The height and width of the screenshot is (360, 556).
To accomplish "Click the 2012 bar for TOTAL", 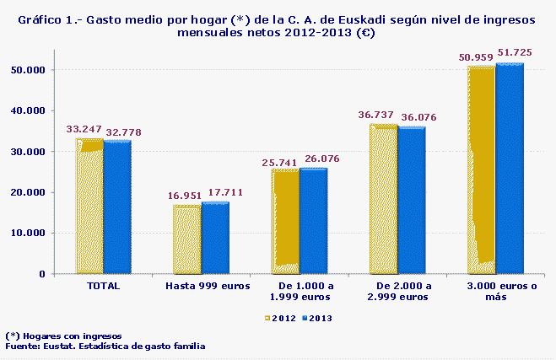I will click(x=89, y=207).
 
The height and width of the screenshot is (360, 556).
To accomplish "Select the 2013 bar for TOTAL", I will click(x=117, y=207).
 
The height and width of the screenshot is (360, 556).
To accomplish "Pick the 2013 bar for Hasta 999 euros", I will click(x=215, y=238).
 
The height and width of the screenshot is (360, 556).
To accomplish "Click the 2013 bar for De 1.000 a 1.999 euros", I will click(x=313, y=221).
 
